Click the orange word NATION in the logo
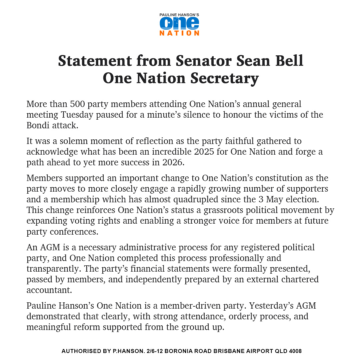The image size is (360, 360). pyautogui.click(x=179, y=33)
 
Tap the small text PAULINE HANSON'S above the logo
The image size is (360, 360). pyautogui.click(x=179, y=15)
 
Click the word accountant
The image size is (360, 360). pyautogui.click(x=49, y=290)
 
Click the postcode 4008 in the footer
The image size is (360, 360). pyautogui.click(x=295, y=351)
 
